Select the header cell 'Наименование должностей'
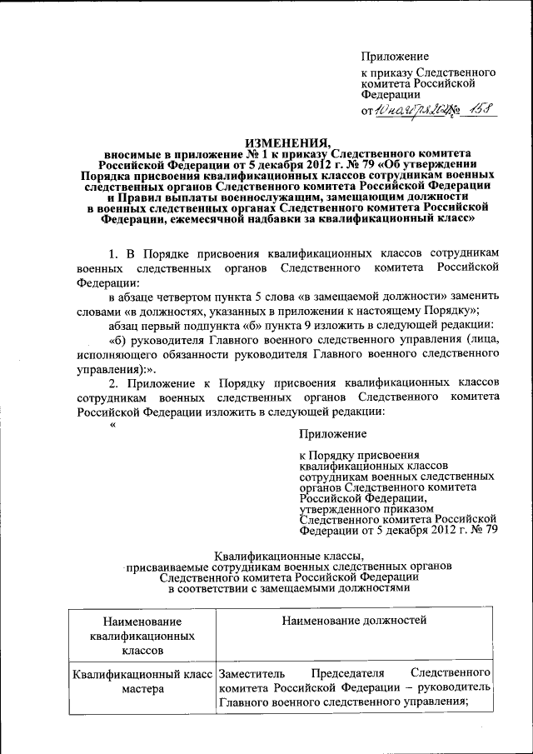[354, 620]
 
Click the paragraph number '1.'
[117, 252]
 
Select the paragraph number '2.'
[117, 382]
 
